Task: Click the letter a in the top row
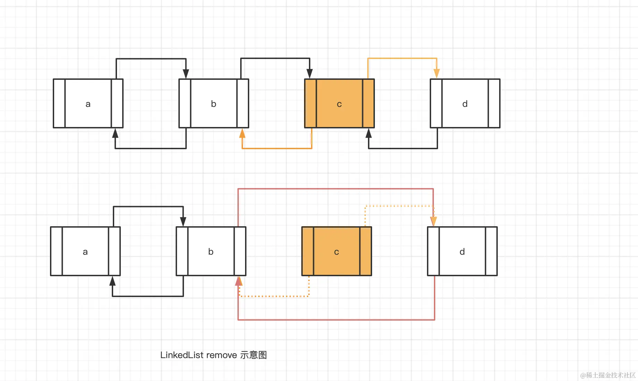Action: pyautogui.click(x=88, y=104)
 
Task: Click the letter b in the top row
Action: pyautogui.click(x=213, y=104)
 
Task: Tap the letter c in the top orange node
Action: pyautogui.click(x=339, y=104)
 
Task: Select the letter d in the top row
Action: pyautogui.click(x=465, y=104)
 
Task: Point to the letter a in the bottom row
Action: pyautogui.click(x=85, y=252)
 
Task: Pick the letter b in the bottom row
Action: pyautogui.click(x=211, y=252)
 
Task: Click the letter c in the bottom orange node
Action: pyautogui.click(x=336, y=252)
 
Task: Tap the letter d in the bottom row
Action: pyautogui.click(x=462, y=252)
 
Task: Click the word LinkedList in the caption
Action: pyautogui.click(x=182, y=355)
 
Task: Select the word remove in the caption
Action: pyautogui.click(x=221, y=355)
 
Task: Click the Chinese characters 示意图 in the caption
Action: pyautogui.click(x=253, y=355)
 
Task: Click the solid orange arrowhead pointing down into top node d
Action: pyautogui.click(x=437, y=73)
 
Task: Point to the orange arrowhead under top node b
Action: pyautogui.click(x=242, y=133)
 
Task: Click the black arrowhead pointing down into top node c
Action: pyautogui.click(x=310, y=73)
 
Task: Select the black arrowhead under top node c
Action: pyautogui.click(x=369, y=133)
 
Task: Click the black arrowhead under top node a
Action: pyautogui.click(x=115, y=133)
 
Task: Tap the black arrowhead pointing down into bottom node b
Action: pyautogui.click(x=183, y=221)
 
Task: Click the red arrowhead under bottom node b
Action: pyautogui.click(x=238, y=281)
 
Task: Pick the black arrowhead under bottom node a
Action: pyautogui.click(x=112, y=281)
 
